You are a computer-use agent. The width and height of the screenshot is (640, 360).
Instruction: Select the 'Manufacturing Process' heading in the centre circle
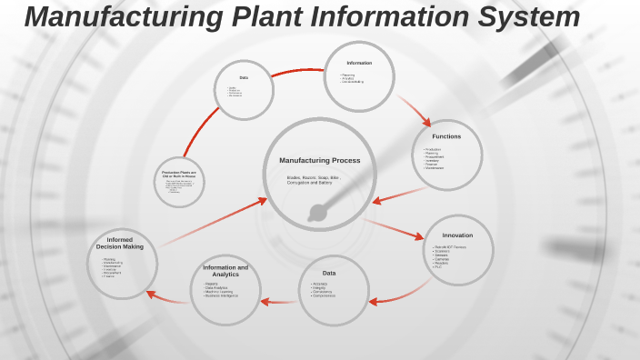tap(319, 160)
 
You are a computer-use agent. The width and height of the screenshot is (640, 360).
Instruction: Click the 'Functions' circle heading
tap(446, 136)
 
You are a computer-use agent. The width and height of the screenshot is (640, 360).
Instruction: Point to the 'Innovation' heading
tap(457, 235)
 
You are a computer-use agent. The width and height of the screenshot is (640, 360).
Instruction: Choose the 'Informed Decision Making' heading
tap(120, 243)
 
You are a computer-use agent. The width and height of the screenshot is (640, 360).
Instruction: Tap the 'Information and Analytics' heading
tap(225, 271)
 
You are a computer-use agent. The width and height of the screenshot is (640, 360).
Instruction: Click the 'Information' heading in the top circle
tap(359, 63)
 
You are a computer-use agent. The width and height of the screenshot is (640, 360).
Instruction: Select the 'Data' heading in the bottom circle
tap(329, 273)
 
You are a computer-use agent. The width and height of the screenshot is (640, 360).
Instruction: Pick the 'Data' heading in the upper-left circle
tap(244, 77)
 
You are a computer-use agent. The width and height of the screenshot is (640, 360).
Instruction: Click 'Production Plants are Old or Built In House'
tap(179, 174)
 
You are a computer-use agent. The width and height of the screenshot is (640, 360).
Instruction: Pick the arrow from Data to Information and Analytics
tap(279, 301)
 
